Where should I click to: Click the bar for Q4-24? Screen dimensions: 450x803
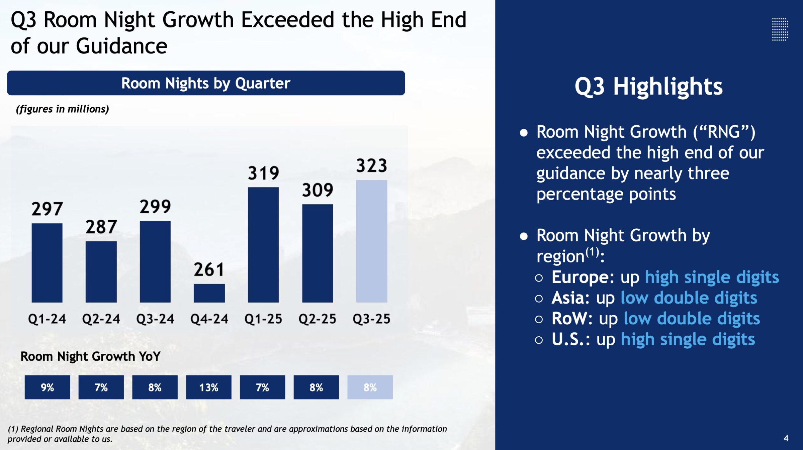[x=209, y=293]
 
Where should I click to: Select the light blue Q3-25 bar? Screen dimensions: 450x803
[x=371, y=241]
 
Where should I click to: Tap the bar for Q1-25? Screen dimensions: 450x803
[x=263, y=245]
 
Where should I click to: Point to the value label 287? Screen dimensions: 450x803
[x=101, y=227]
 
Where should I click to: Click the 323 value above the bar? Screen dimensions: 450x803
[x=371, y=165]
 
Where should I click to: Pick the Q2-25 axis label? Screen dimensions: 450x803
[x=317, y=319]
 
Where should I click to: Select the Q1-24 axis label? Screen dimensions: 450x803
[x=47, y=319]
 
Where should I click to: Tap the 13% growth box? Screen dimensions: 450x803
[x=208, y=387]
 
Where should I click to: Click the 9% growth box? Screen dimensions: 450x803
[x=47, y=387]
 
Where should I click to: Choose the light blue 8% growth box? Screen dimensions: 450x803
[x=370, y=387]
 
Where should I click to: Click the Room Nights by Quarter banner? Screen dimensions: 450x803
[x=206, y=83]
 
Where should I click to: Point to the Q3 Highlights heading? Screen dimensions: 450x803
[x=648, y=87]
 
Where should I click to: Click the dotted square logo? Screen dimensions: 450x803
[x=780, y=29]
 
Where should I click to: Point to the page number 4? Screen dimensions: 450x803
[x=786, y=438]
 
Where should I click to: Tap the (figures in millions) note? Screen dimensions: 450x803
[x=63, y=109]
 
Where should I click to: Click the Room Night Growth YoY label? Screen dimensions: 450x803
[x=90, y=356]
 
